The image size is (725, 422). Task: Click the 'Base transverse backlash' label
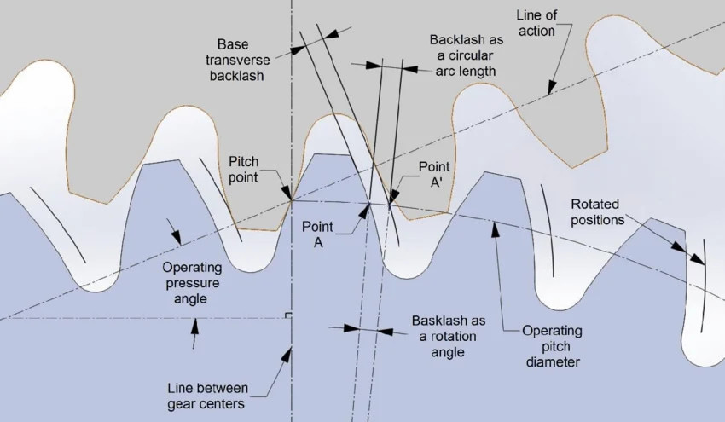[238, 60]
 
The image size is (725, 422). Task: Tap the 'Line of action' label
[536, 23]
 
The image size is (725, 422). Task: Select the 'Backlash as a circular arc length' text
[466, 55]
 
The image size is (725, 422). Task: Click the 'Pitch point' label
[244, 169]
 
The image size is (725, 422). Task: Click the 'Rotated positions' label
[597, 211]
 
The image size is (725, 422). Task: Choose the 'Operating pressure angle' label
[192, 283]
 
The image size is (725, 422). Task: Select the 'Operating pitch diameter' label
[552, 346]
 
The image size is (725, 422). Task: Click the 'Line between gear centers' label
[207, 396]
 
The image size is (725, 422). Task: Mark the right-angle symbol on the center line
[288, 315]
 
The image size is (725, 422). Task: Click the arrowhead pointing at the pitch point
[287, 192]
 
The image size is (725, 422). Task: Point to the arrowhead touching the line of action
[551, 87]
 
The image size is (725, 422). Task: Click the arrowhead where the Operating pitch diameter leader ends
[496, 229]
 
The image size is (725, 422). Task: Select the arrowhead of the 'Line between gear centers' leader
[287, 356]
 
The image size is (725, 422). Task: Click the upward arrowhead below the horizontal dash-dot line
[195, 327]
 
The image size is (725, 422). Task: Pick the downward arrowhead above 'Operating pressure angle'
[177, 236]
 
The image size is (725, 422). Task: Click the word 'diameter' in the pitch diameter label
[553, 361]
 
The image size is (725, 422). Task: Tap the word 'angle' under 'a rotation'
[448, 352]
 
